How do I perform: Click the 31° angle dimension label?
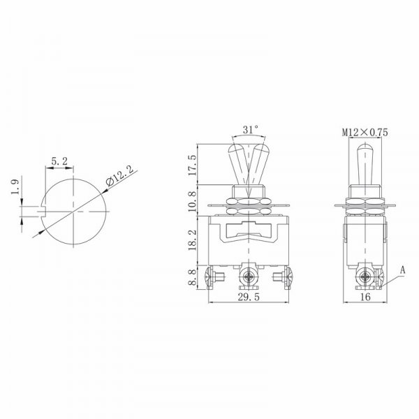tap(251, 130)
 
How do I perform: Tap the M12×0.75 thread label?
tap(365, 132)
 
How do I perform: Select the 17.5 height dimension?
tap(192, 165)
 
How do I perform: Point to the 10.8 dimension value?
tap(192, 200)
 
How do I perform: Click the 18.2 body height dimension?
tap(192, 240)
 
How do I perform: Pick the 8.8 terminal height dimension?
tap(192, 278)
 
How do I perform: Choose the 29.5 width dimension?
tap(249, 297)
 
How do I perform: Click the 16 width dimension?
tap(365, 297)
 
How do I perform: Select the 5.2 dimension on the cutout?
tap(59, 161)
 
